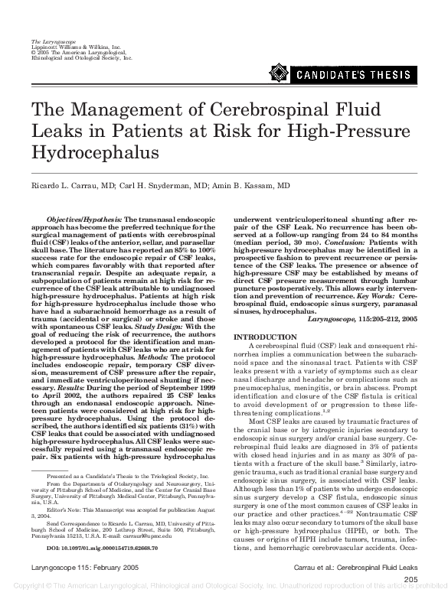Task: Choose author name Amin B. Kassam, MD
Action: (x=253, y=187)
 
